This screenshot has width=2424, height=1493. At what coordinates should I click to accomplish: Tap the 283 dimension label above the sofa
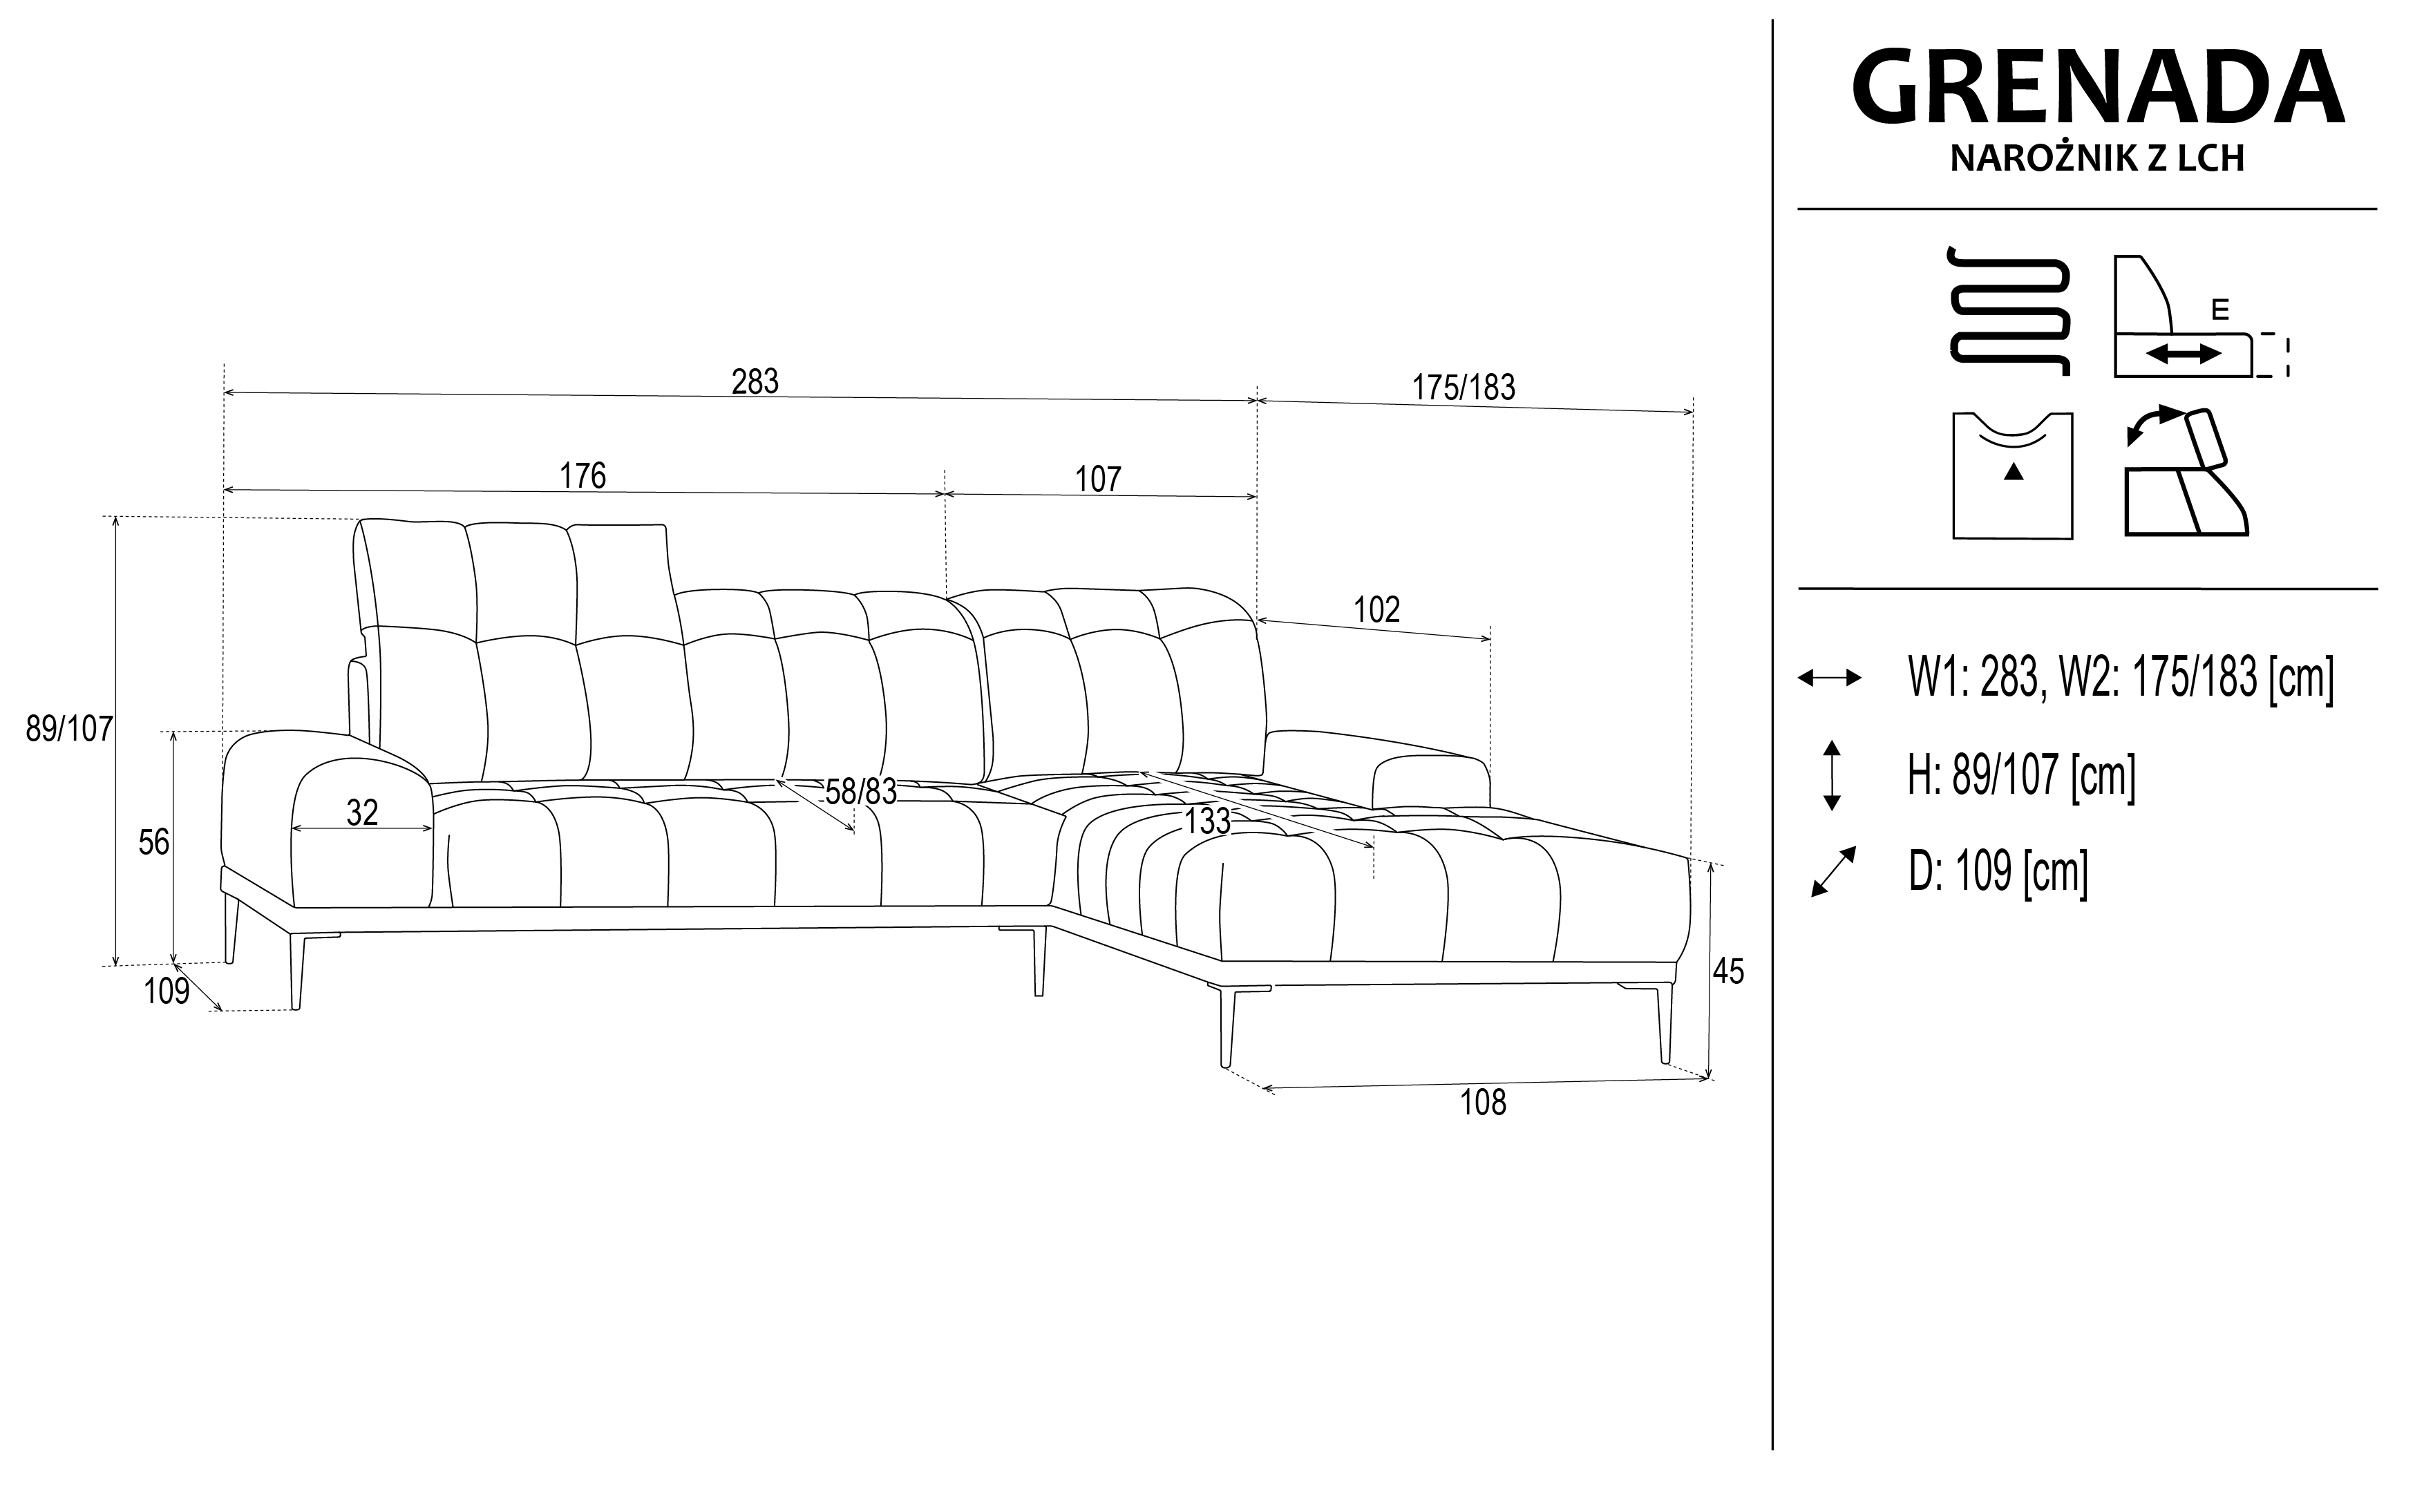click(x=755, y=381)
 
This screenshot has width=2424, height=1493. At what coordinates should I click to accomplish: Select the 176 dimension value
click(x=583, y=476)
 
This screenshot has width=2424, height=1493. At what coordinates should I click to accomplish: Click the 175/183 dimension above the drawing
click(x=1464, y=388)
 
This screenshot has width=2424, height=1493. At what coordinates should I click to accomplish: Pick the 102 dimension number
click(x=1376, y=609)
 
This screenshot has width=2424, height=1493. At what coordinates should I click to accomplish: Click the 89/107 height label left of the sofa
click(x=70, y=729)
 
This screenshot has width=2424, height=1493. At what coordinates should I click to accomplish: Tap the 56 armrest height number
click(x=154, y=842)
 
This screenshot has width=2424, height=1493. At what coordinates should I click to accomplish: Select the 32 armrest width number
click(x=362, y=812)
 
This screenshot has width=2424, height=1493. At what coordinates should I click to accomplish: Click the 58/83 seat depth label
click(x=861, y=791)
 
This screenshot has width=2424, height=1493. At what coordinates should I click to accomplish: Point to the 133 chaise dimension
click(x=1208, y=821)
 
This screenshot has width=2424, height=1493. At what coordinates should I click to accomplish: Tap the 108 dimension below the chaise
click(x=1483, y=1102)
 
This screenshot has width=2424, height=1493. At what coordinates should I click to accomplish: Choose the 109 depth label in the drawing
click(x=167, y=991)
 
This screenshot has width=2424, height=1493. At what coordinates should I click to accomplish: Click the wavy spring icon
click(x=2008, y=311)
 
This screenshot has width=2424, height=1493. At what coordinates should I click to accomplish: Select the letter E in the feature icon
click(x=2219, y=310)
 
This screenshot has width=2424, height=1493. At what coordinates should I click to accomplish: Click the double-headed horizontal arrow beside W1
click(x=1830, y=677)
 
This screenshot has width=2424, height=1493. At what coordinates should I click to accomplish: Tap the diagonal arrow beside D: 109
click(x=1833, y=872)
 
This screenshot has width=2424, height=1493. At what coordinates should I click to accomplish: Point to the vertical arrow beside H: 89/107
click(x=1832, y=775)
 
